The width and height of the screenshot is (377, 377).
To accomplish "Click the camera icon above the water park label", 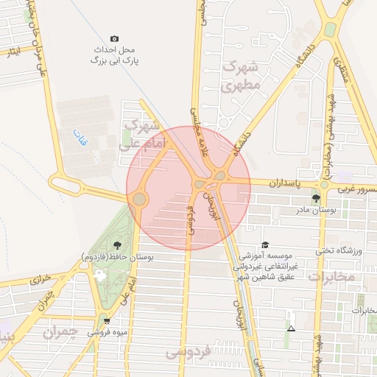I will pyautogui.click(x=113, y=38).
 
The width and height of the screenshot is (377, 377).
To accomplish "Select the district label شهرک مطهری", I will pyautogui.click(x=241, y=76).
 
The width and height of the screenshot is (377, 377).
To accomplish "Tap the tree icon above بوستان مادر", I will pyautogui.click(x=316, y=198).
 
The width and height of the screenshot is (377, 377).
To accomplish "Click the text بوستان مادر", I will pyautogui.click(x=316, y=211).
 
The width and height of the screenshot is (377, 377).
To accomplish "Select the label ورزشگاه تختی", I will pyautogui.click(x=340, y=251).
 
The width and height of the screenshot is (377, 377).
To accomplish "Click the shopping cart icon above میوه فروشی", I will pyautogui.click(x=108, y=320).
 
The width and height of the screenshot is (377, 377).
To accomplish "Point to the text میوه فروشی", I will pyautogui.click(x=108, y=332).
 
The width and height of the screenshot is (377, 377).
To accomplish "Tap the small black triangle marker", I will pyautogui.click(x=292, y=328).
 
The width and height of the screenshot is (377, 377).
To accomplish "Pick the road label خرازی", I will pyautogui.click(x=37, y=281).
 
